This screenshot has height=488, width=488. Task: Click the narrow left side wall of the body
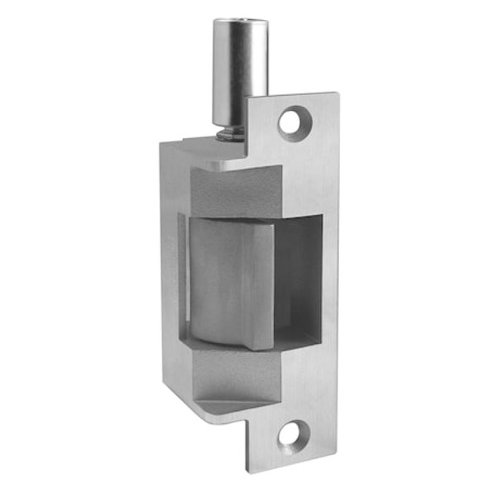(x=170, y=273)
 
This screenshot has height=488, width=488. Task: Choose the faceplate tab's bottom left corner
(x=248, y=459)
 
